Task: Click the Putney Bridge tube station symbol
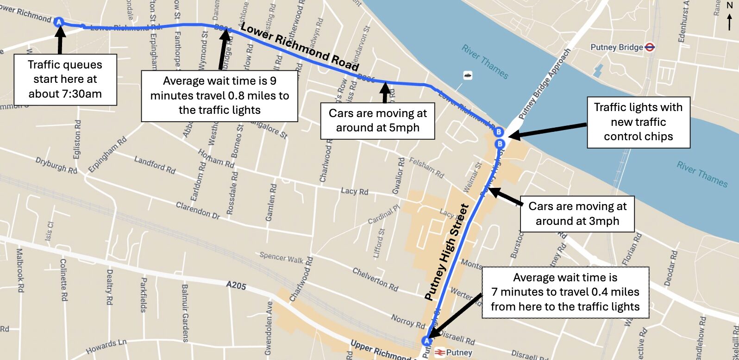pos(650,47)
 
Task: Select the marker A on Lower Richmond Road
pos(59,22)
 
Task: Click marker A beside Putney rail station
pos(426,341)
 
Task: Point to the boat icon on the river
pos(468,75)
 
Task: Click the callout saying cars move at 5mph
pos(377,120)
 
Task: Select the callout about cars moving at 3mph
pos(577,213)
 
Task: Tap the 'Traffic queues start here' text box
pos(65,79)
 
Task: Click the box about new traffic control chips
pos(638,122)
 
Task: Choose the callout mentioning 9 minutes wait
pos(219,95)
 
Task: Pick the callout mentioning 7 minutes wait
pos(565,292)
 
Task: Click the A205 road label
pos(236,286)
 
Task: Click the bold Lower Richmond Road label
pos(299,47)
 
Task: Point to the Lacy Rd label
pos(355,191)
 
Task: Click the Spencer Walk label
pos(281,258)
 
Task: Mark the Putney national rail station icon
pos(440,353)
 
